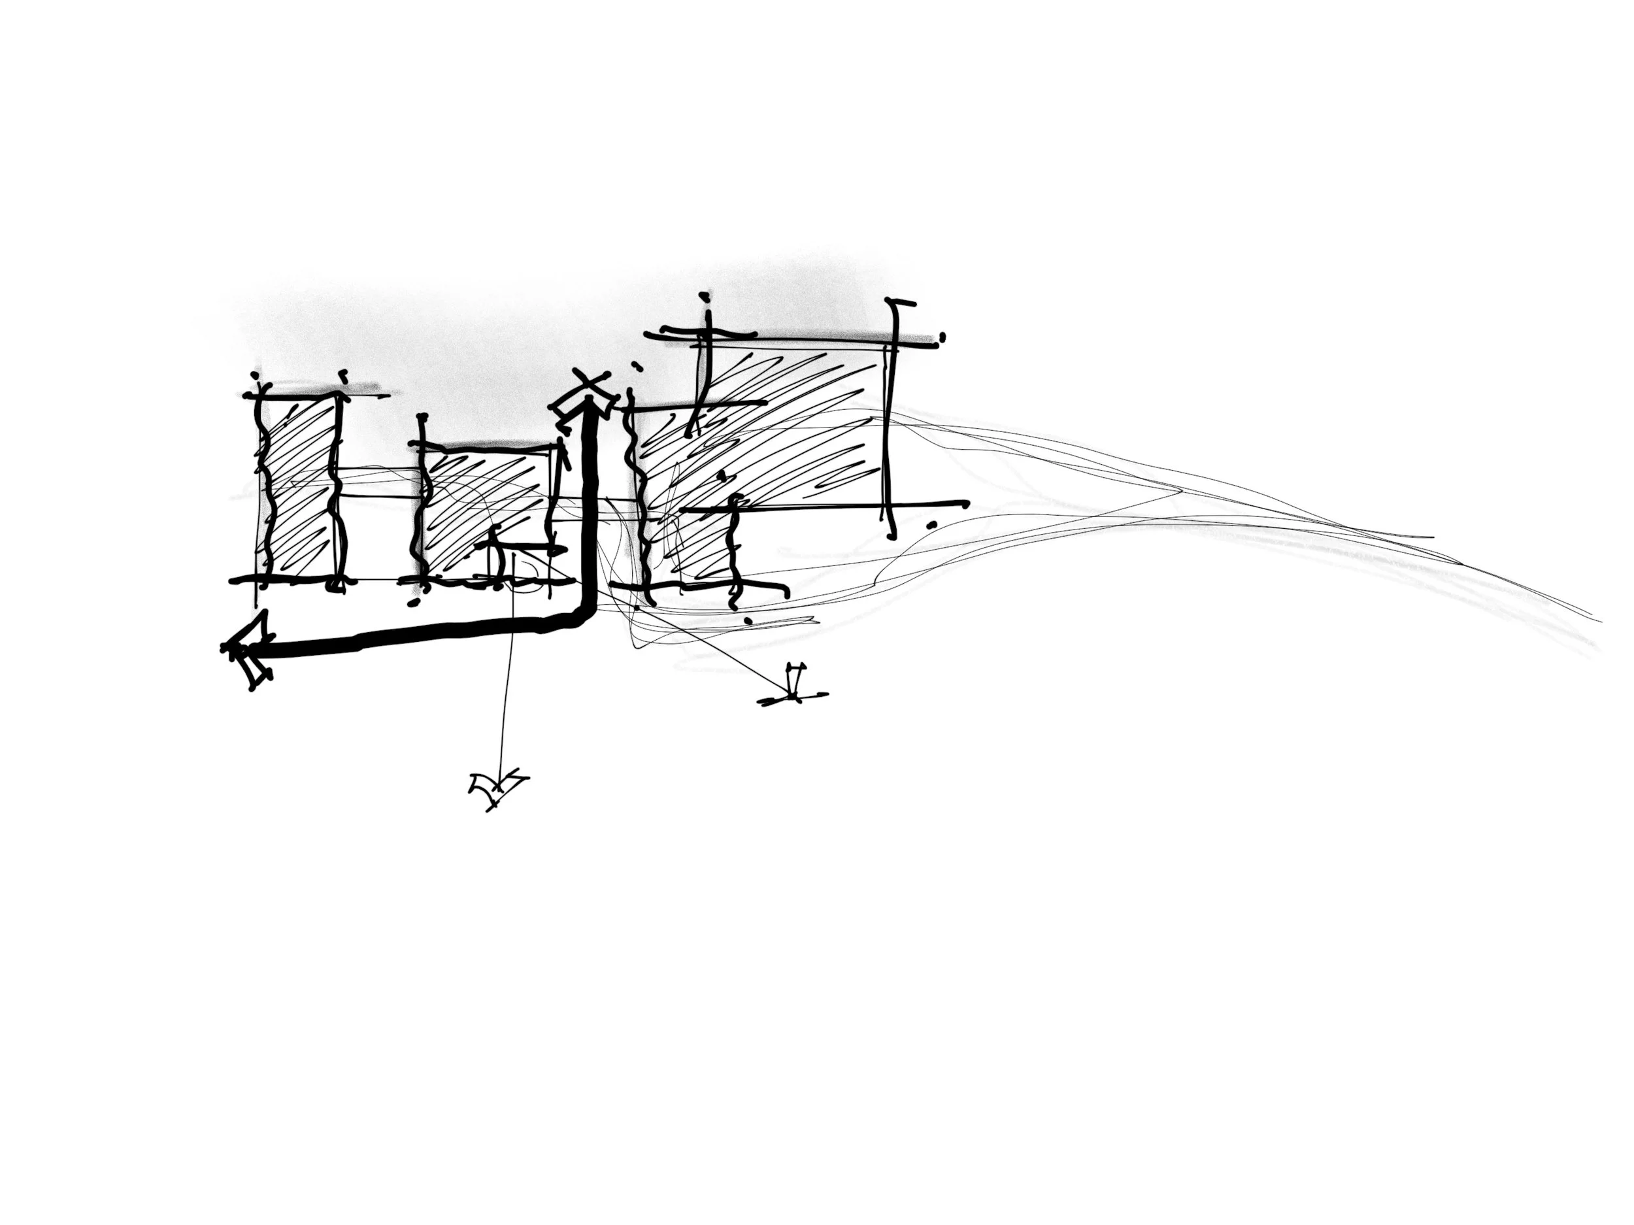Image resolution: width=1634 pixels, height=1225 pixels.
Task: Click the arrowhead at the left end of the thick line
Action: pyautogui.click(x=248, y=653)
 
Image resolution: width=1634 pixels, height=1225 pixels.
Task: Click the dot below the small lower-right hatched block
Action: pyautogui.click(x=748, y=620)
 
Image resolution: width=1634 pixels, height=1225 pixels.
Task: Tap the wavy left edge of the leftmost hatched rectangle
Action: pyautogui.click(x=261, y=488)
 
